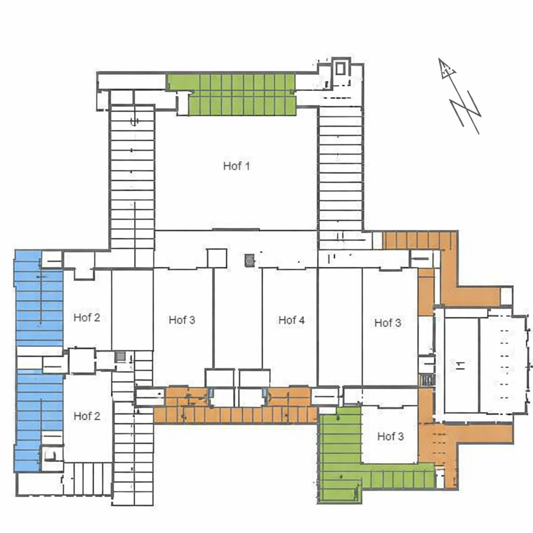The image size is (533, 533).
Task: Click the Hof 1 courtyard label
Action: click(x=237, y=166)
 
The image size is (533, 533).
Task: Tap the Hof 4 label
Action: click(x=291, y=320)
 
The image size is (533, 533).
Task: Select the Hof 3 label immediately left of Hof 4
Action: click(x=182, y=320)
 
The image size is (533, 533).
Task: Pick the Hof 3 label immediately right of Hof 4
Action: click(x=387, y=323)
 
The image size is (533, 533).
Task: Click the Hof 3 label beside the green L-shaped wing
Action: click(x=390, y=436)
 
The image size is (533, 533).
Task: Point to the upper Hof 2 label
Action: click(x=87, y=318)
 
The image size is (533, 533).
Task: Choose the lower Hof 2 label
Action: click(x=87, y=416)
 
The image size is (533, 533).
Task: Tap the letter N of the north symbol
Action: click(x=466, y=112)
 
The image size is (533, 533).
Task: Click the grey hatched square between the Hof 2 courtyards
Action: click(x=120, y=357)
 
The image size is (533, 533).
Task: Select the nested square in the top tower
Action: click(x=340, y=69)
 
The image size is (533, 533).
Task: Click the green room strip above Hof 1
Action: click(x=232, y=95)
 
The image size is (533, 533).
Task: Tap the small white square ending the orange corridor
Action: click(x=506, y=296)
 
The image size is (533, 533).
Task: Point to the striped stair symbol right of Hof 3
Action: click(x=427, y=379)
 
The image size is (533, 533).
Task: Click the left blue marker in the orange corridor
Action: click(x=211, y=392)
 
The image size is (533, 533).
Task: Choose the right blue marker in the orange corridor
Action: click(x=264, y=392)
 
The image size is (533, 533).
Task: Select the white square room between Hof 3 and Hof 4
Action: click(x=217, y=258)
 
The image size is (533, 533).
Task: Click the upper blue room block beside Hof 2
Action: click(x=39, y=298)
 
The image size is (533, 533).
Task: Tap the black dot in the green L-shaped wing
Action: click(x=341, y=477)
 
